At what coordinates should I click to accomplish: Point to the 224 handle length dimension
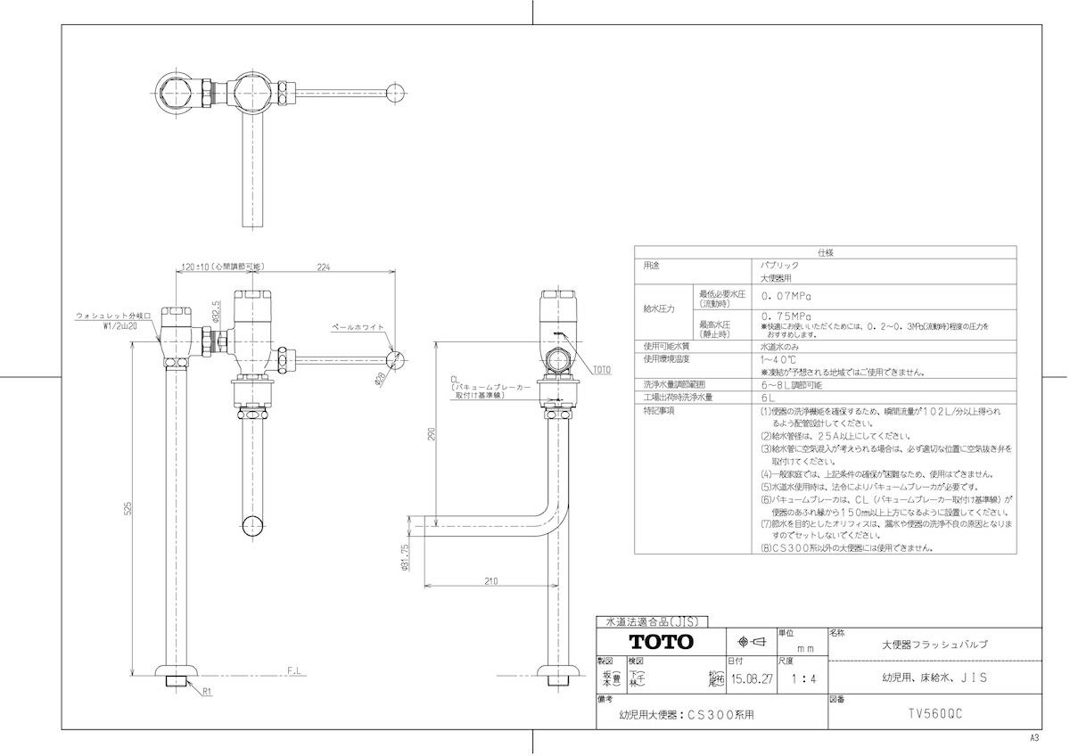(323, 267)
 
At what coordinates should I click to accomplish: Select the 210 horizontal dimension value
(490, 580)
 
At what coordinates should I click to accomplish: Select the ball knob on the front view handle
(397, 360)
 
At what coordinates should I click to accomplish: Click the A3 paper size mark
(1034, 738)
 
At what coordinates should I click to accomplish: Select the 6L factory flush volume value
(767, 397)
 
